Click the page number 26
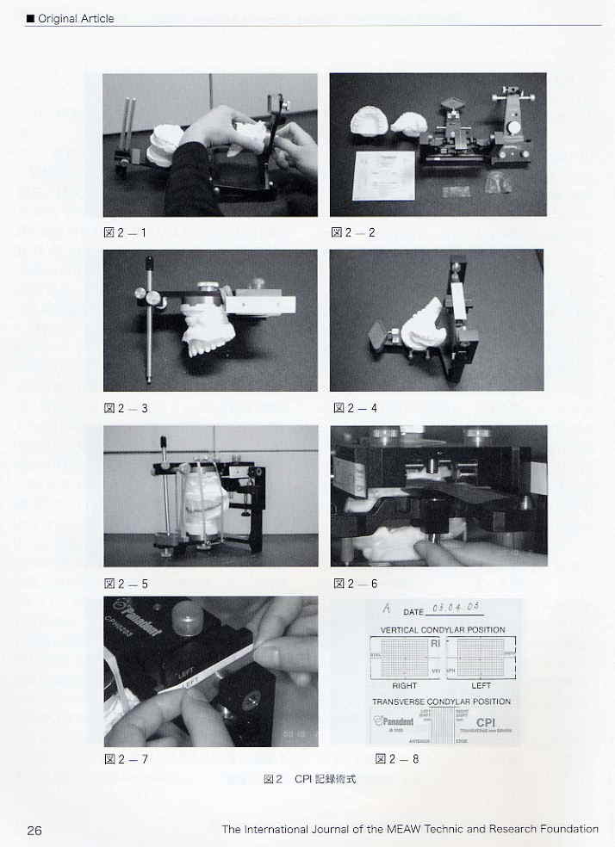pyautogui.click(x=34, y=830)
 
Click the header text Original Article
pyautogui.click(x=73, y=18)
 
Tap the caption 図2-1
pyautogui.click(x=126, y=232)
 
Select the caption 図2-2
pyautogui.click(x=354, y=232)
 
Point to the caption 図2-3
pyautogui.click(x=126, y=408)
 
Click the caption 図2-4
pyautogui.click(x=355, y=408)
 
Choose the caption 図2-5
pyautogui.click(x=126, y=584)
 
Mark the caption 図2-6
pyautogui.click(x=355, y=584)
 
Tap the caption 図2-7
pyautogui.click(x=126, y=759)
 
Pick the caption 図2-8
pyautogui.click(x=397, y=759)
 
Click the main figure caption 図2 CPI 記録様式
pyautogui.click(x=309, y=779)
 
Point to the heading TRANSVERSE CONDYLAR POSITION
pyautogui.click(x=441, y=702)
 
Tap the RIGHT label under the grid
pyautogui.click(x=405, y=686)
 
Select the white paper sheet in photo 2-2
pyautogui.click(x=384, y=175)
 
